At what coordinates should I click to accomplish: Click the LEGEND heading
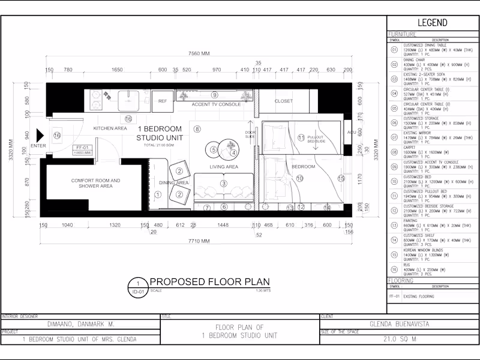pyautogui.click(x=432, y=23)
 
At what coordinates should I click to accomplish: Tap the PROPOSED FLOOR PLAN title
pyautogui.click(x=209, y=281)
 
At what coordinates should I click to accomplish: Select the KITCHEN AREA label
pyautogui.click(x=110, y=128)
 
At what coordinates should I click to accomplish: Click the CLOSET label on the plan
pyautogui.click(x=284, y=101)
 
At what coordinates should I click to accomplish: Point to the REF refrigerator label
pyautogui.click(x=162, y=101)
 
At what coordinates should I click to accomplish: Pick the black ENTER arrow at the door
pyautogui.click(x=40, y=136)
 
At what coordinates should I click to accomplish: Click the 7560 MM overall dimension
pyautogui.click(x=199, y=53)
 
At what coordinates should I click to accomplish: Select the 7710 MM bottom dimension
pyautogui.click(x=197, y=241)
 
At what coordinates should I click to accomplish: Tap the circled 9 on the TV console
pyautogui.click(x=214, y=95)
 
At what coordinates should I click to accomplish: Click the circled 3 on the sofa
pyautogui.click(x=224, y=183)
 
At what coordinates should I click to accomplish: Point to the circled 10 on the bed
pyautogui.click(x=300, y=178)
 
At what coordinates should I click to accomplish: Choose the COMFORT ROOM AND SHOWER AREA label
pyautogui.click(x=95, y=183)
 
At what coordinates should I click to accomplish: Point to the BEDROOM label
pyautogui.click(x=303, y=166)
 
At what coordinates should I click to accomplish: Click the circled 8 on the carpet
pyautogui.click(x=197, y=128)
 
